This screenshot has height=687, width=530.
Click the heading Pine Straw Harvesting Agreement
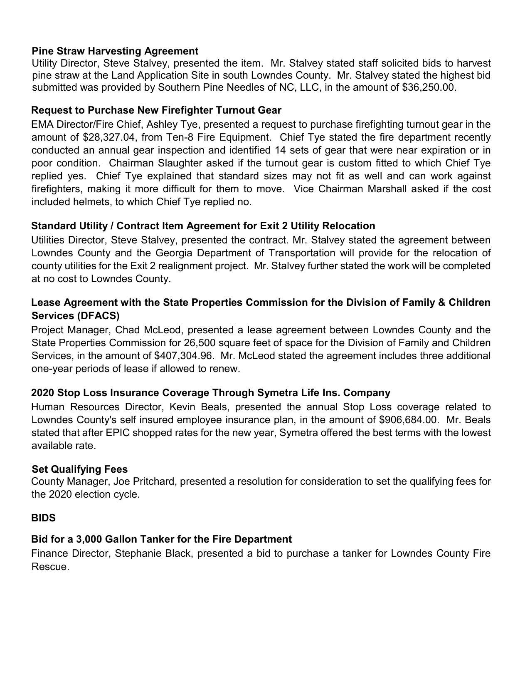(x=115, y=51)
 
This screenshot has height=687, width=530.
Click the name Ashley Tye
(x=172, y=124)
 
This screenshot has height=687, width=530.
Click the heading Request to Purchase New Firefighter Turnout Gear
(x=156, y=110)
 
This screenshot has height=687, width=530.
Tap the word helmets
(x=91, y=202)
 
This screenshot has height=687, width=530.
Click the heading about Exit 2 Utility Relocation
(x=203, y=226)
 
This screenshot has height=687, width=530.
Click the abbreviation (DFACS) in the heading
(x=98, y=315)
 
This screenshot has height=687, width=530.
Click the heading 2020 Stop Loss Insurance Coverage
(x=210, y=393)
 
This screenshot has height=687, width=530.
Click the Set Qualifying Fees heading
(x=79, y=469)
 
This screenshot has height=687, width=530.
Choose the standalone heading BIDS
(x=43, y=518)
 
